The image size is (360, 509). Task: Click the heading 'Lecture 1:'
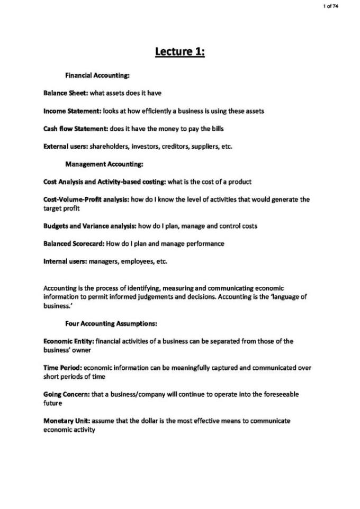point(179,52)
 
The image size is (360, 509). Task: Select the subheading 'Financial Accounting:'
point(94,76)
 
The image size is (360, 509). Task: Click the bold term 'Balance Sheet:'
point(66,94)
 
